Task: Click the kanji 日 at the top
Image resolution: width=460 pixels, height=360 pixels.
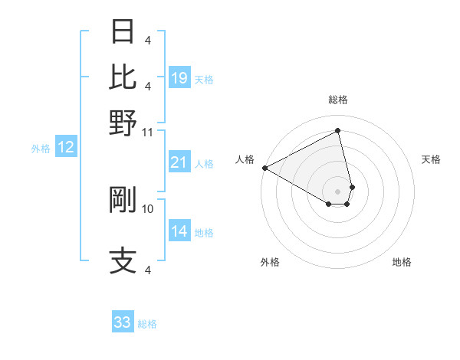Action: pyautogui.click(x=123, y=32)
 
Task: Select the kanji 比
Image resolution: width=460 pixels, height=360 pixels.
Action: pyautogui.click(x=123, y=77)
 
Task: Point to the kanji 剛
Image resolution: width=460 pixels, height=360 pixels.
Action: pyautogui.click(x=123, y=199)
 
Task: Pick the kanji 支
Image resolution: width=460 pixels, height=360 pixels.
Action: pyautogui.click(x=123, y=260)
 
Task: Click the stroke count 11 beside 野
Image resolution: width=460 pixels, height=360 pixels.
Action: pyautogui.click(x=148, y=131)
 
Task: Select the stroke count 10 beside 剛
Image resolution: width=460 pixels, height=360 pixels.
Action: pyautogui.click(x=148, y=208)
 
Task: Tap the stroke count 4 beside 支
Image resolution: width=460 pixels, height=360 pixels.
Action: pyautogui.click(x=148, y=270)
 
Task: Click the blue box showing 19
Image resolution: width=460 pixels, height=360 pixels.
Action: pyautogui.click(x=179, y=78)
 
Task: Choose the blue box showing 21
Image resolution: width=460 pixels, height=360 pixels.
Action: pyautogui.click(x=179, y=162)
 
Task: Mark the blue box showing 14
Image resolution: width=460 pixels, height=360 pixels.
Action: pyautogui.click(x=179, y=231)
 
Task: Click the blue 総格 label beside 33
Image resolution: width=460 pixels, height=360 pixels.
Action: pyautogui.click(x=147, y=324)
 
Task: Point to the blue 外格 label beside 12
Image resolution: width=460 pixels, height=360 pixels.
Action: pyautogui.click(x=40, y=149)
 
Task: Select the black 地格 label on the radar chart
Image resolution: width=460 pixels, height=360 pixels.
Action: pyautogui.click(x=402, y=262)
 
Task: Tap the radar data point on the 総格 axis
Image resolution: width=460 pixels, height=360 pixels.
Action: pyautogui.click(x=337, y=131)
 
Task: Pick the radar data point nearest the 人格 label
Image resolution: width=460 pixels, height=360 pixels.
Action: pyautogui.click(x=264, y=168)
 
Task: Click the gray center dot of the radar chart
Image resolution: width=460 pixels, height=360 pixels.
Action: pyautogui.click(x=337, y=191)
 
